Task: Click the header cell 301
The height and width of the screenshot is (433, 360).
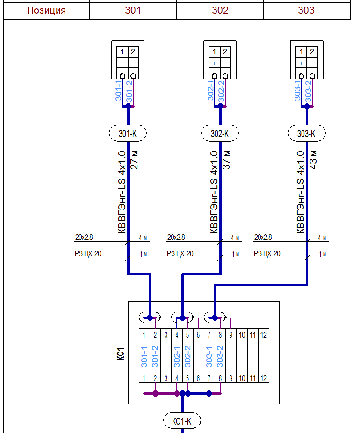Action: tap(133, 10)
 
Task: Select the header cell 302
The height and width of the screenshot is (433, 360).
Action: tap(220, 10)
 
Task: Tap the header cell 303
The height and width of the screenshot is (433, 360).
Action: tap(306, 10)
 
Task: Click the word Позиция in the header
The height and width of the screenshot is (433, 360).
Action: tap(46, 10)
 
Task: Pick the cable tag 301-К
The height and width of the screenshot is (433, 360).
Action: tap(128, 134)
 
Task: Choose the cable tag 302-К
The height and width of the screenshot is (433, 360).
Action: tap(220, 134)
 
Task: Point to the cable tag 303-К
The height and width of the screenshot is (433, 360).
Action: tap(307, 134)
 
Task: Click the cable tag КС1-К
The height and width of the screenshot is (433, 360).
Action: tap(182, 421)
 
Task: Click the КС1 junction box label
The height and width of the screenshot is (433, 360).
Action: tap(120, 353)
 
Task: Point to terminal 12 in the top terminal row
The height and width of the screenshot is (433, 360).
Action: tap(263, 334)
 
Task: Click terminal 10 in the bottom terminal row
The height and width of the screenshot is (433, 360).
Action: tap(242, 378)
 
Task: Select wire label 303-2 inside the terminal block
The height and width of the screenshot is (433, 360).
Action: tap(220, 356)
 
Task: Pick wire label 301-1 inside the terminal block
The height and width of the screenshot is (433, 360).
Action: tap(144, 356)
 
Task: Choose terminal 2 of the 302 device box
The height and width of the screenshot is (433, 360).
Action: tap(225, 52)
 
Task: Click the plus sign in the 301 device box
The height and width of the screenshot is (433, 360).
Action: tap(122, 64)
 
